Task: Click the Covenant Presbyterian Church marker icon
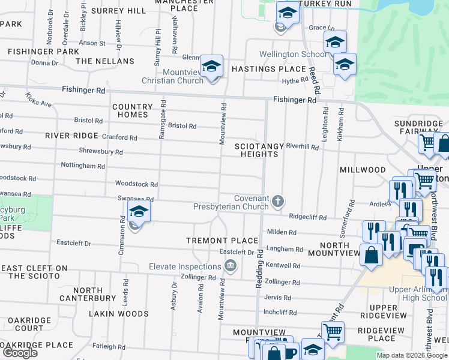point(277,201)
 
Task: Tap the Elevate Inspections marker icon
point(229,266)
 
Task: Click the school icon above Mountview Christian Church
point(211,66)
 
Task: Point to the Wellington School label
point(294,54)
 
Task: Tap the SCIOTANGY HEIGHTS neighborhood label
point(257,150)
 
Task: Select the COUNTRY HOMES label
point(130,110)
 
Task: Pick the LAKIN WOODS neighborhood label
point(118,314)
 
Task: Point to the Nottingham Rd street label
point(83,165)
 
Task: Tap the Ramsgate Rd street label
point(162,121)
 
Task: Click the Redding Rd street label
point(259,269)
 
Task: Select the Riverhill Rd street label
point(302,146)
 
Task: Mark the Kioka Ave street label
point(38,100)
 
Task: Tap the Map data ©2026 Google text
point(412,355)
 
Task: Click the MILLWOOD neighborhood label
point(363,170)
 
